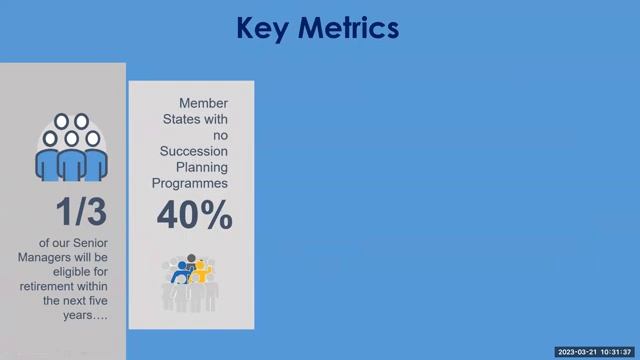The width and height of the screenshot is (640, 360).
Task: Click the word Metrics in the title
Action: [345, 27]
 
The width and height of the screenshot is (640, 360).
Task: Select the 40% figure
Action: [194, 215]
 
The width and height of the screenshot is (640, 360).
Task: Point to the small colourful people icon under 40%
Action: [190, 281]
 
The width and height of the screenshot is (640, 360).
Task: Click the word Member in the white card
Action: [203, 104]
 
